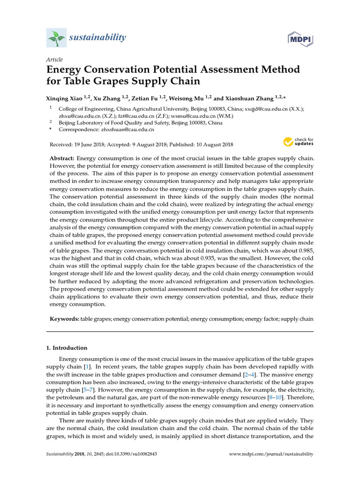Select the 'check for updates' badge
[x=299, y=142]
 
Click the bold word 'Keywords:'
[x=65, y=319]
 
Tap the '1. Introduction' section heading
[x=67, y=348]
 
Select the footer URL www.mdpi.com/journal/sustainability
[x=271, y=454]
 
